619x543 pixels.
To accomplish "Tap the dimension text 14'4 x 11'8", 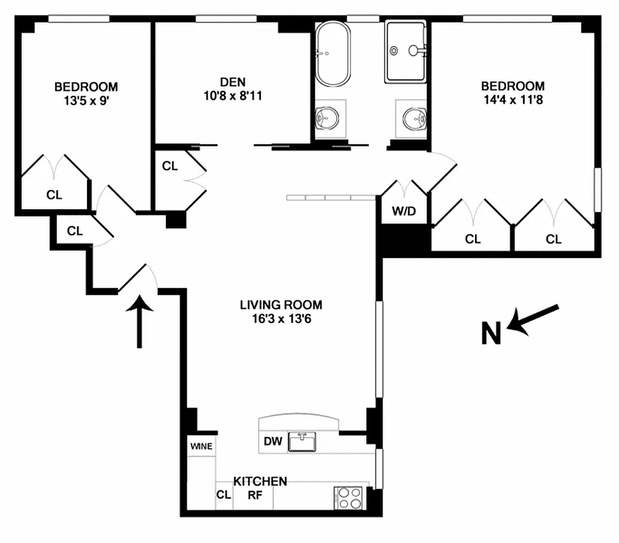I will point(513,99).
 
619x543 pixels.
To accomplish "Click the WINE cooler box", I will point(201,447).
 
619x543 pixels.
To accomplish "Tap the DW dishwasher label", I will point(273,442).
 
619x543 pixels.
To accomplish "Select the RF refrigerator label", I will point(255,495).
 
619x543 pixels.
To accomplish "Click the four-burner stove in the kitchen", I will point(351,498).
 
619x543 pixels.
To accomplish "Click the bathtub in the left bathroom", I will point(332,54).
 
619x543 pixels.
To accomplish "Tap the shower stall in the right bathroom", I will point(406,51).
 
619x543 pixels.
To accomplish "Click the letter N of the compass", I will point(492,333).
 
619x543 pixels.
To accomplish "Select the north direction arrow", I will point(535,319).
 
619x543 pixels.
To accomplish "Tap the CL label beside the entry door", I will point(75,231).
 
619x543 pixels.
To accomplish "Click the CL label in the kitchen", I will point(224,495).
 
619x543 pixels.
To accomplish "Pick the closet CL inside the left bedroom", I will point(54,195).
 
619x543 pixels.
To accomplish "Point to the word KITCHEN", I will point(260,481).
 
